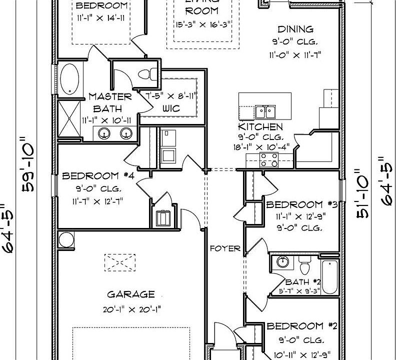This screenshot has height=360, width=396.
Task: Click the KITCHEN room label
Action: (260, 127)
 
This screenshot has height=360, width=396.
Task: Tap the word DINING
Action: (295, 29)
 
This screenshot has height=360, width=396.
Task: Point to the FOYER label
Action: (225, 248)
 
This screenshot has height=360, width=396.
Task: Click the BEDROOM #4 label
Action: (98, 176)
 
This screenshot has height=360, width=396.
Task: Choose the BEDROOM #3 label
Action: (302, 204)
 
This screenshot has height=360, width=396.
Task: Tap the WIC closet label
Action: (170, 108)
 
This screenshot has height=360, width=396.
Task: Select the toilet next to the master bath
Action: (146, 74)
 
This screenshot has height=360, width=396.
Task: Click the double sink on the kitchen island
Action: (264, 111)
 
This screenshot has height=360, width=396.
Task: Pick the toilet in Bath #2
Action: (304, 263)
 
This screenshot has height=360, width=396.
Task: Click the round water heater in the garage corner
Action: (66, 240)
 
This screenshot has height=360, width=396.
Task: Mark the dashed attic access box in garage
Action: (119, 262)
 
